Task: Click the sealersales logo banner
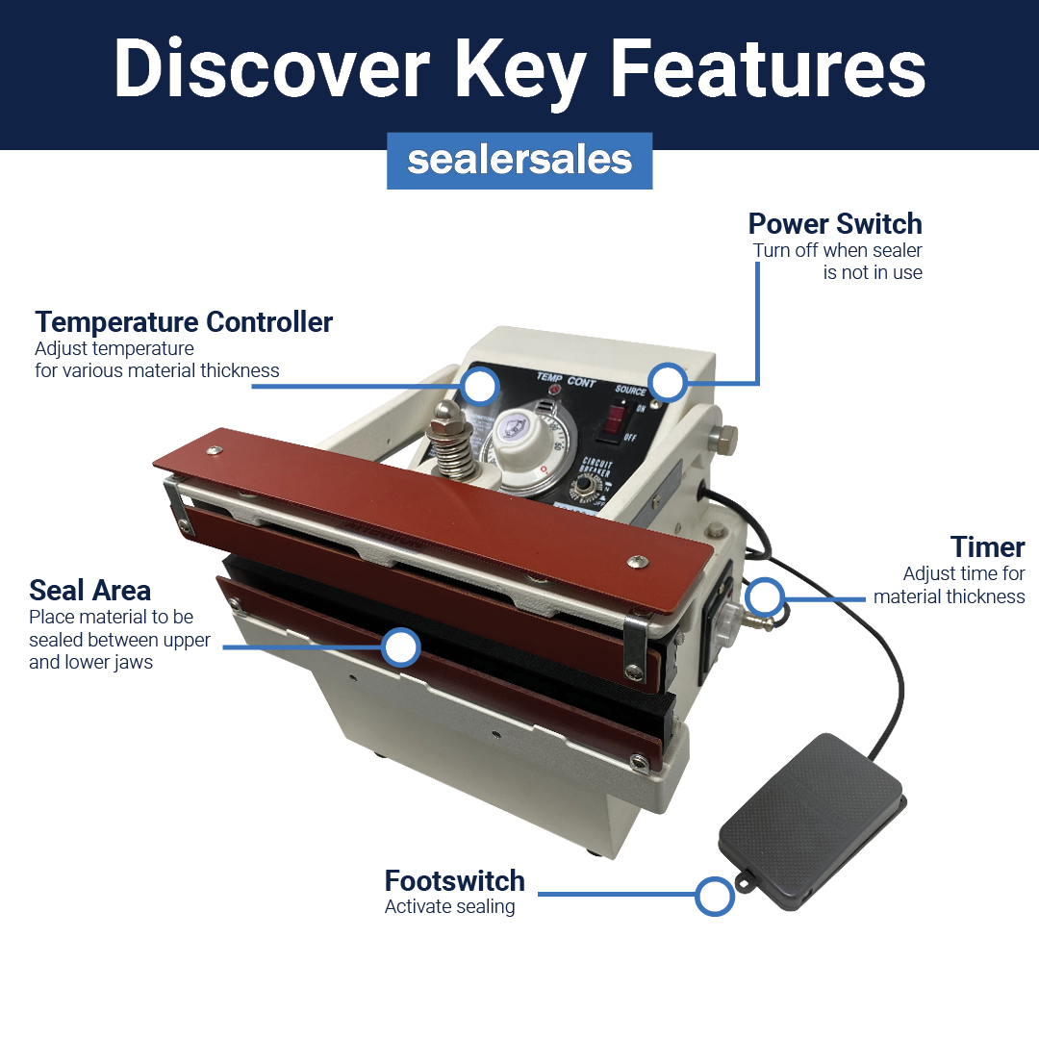(519, 161)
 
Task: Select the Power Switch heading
(834, 224)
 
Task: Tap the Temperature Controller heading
(184, 322)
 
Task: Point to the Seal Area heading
(89, 590)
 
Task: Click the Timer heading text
(987, 547)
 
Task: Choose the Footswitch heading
(454, 881)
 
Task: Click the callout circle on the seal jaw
(400, 647)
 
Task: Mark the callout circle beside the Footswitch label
(714, 896)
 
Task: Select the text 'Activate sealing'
(449, 907)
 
